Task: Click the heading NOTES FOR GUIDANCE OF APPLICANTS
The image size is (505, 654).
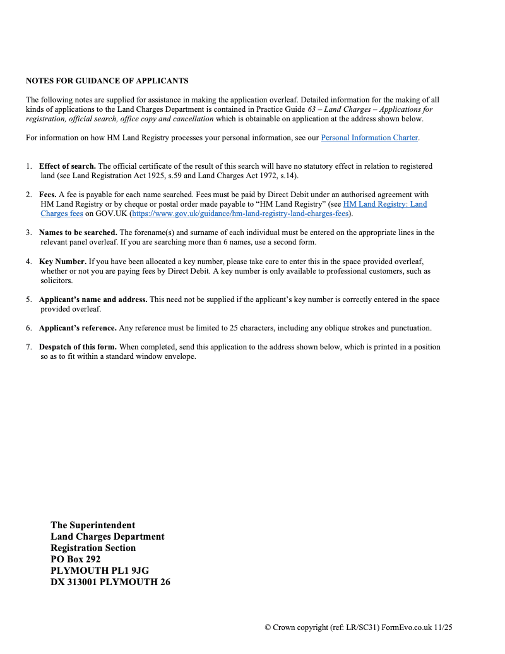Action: coord(107,81)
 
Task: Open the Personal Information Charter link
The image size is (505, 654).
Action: coord(369,138)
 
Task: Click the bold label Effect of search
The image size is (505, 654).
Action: coord(68,166)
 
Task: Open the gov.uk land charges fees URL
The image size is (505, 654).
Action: coord(241,214)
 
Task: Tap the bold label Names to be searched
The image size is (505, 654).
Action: coord(78,233)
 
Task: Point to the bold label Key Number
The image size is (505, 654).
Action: coord(62,261)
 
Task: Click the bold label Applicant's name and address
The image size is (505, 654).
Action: coord(93,300)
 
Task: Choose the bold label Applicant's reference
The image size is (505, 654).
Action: coord(78,328)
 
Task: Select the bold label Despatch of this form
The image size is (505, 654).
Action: coord(78,347)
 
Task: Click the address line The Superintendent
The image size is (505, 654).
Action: coord(93,525)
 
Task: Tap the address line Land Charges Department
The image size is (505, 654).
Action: coord(107,536)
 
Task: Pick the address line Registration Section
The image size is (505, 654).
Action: coord(93,548)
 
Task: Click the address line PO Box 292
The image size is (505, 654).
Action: coord(75,559)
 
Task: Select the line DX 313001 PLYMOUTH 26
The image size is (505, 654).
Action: coord(110,582)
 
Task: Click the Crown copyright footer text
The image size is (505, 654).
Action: coord(359,627)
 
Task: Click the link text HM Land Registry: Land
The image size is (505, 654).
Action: coord(384,204)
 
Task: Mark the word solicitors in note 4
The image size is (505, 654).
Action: coord(56,280)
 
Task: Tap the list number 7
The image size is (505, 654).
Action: coord(28,347)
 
